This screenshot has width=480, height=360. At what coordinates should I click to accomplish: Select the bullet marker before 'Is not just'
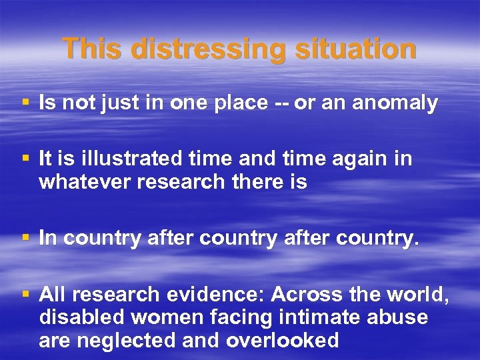coord(25,103)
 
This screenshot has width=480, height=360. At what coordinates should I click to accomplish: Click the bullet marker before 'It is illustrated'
coord(25,159)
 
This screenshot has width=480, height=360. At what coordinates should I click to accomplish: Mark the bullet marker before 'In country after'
coord(25,238)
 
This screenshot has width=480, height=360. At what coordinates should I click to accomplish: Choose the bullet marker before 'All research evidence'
coord(25,294)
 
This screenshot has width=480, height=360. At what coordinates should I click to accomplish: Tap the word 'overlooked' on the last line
coord(283,341)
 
